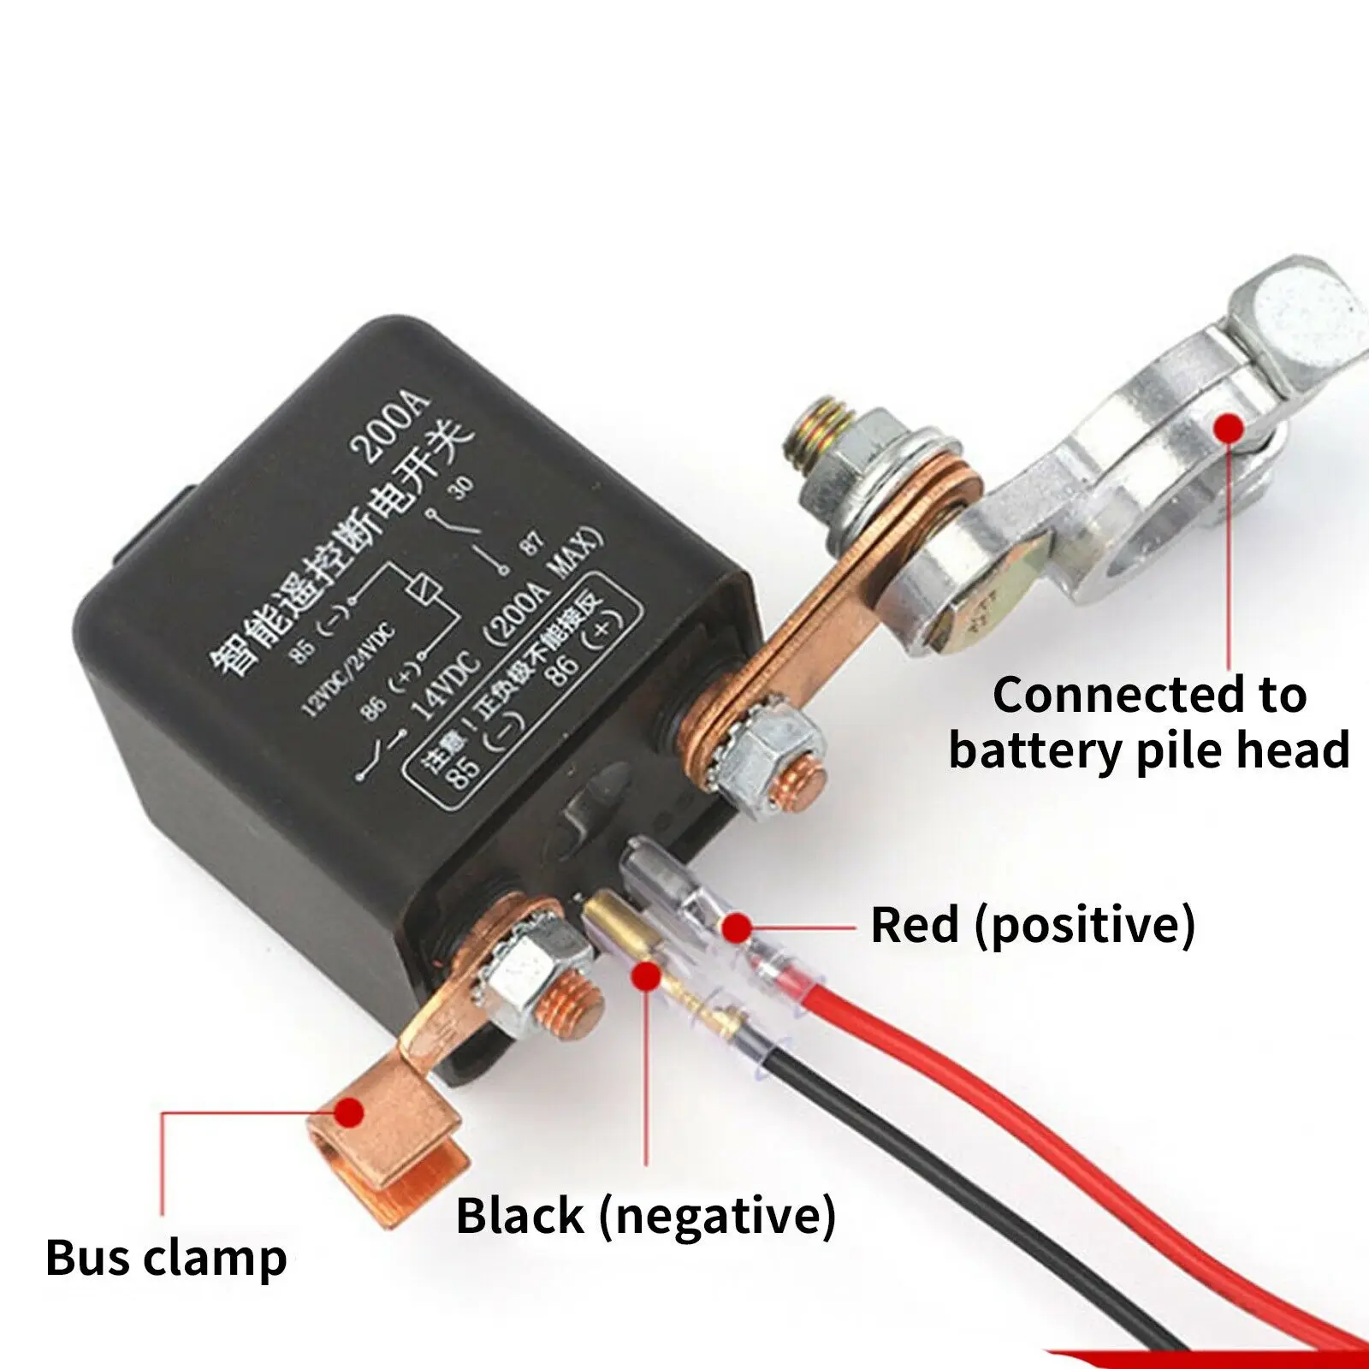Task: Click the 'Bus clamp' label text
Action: [166, 1258]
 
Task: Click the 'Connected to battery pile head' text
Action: [1148, 722]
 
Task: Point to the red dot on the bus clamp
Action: [348, 1112]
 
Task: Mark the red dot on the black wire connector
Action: [646, 974]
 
